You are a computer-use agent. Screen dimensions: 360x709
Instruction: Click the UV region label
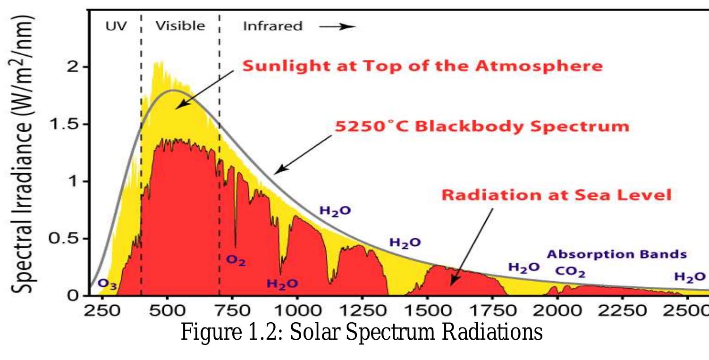click(116, 25)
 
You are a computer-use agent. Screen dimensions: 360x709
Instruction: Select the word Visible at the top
click(180, 25)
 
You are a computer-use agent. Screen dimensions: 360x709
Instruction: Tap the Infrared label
click(272, 26)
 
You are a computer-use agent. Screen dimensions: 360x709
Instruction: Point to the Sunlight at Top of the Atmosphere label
click(422, 66)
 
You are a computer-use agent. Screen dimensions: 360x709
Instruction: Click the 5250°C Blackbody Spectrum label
click(481, 126)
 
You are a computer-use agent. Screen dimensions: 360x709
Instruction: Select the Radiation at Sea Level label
click(556, 194)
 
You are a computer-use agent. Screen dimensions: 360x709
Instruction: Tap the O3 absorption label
click(107, 284)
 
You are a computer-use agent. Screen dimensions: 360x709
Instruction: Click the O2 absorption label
click(236, 260)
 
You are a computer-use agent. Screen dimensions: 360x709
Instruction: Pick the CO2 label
click(570, 272)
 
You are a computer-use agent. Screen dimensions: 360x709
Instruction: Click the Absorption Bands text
click(616, 254)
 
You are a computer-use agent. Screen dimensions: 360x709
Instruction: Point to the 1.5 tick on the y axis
click(65, 124)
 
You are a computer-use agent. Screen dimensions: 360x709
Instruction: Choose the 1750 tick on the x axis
click(492, 311)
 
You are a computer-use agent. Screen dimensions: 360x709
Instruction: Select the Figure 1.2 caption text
click(362, 333)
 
